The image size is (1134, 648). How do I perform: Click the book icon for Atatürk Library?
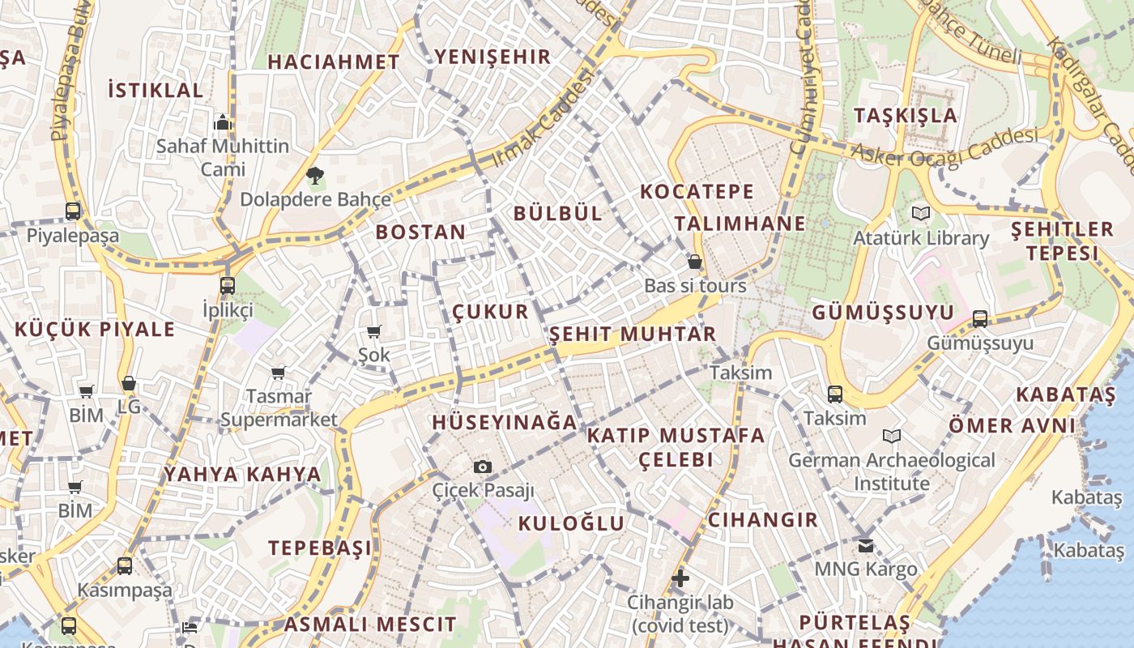920,214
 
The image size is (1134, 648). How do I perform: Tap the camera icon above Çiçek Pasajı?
483,467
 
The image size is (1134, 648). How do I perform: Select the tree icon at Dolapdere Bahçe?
315,175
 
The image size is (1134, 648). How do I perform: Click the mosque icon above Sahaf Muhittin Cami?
223,122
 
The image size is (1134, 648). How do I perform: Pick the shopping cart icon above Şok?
374,331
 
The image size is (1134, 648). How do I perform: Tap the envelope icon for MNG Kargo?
866,545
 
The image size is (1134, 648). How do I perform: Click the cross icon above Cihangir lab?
680,578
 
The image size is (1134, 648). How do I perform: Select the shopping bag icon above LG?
129,383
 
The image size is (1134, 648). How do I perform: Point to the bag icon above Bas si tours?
694,262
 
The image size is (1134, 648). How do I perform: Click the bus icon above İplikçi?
228,285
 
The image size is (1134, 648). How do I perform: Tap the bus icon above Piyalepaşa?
73,211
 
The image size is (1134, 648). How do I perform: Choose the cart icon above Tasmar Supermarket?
279,373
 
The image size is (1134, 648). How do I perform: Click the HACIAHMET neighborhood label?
334,62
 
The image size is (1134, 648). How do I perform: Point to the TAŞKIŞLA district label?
906,115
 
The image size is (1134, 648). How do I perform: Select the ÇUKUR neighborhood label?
490,312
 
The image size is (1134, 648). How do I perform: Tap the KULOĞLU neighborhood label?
571,523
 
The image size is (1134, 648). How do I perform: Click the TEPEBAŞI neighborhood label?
320,548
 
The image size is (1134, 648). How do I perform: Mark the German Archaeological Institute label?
891,471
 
